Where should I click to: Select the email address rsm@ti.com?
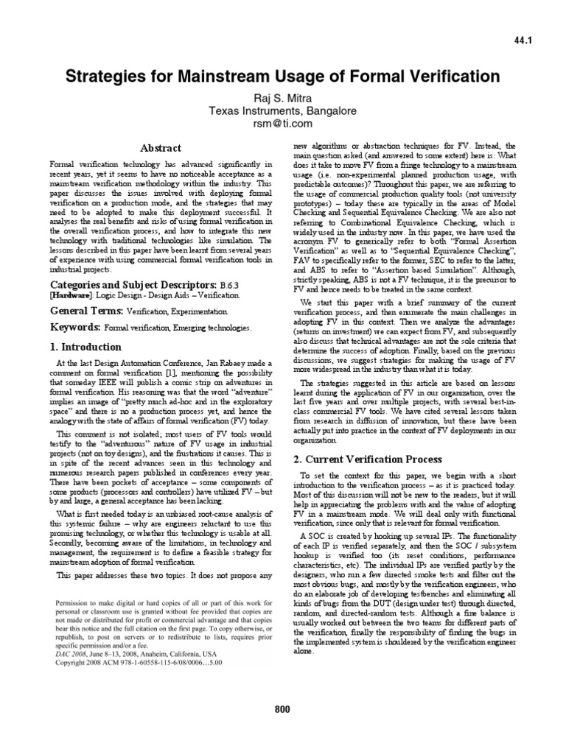pos(283,124)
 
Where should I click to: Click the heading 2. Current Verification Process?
pos(358,459)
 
